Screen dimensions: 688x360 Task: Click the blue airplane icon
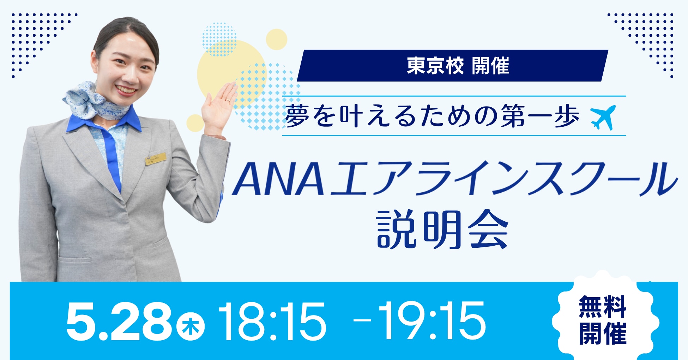603,117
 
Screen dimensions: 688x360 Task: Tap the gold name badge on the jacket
156,159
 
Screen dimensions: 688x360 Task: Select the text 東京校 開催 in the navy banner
458,66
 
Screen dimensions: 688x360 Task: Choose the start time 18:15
272,322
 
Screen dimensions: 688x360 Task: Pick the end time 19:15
432,321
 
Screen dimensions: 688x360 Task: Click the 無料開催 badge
603,319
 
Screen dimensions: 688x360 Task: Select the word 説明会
443,229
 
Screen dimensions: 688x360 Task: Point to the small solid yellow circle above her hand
276,40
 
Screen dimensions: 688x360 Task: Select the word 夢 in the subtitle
297,116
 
